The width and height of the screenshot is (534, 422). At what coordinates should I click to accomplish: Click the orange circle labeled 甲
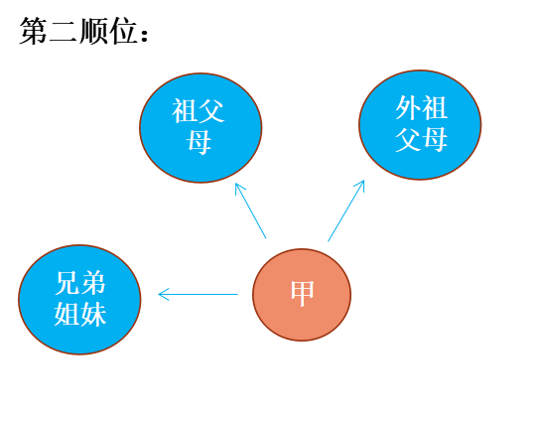tap(302, 295)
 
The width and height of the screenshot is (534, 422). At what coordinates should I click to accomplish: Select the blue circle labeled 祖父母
tap(200, 128)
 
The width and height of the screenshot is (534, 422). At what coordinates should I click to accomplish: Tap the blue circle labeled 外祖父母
tap(420, 125)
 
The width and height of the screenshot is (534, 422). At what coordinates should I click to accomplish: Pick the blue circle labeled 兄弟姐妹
tap(79, 300)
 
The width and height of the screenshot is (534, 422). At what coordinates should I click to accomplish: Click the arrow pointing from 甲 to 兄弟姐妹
tap(198, 294)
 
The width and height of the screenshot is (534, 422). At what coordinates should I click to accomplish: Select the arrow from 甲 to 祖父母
tap(250, 211)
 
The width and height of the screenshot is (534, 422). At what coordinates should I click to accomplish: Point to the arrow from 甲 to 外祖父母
tap(346, 211)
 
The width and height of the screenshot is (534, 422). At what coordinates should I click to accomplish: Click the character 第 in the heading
tap(34, 32)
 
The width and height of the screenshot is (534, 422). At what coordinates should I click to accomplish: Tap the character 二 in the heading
tap(64, 32)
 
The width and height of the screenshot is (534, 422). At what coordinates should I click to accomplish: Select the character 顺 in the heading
tap(93, 32)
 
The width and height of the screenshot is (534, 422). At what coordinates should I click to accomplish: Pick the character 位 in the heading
tap(123, 32)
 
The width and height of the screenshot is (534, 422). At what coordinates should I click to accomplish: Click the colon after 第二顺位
tap(145, 35)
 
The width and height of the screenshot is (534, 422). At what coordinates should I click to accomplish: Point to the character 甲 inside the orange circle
tap(302, 293)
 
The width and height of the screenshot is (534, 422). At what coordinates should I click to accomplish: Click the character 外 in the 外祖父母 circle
tap(408, 107)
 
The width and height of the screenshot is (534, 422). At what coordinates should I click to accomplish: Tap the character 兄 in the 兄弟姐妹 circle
tap(67, 283)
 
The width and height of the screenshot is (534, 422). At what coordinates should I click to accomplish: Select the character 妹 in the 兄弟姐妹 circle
tap(93, 314)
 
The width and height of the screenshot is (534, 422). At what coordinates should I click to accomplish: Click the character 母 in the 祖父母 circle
tap(199, 142)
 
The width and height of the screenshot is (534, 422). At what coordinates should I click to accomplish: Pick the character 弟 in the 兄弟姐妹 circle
tap(93, 283)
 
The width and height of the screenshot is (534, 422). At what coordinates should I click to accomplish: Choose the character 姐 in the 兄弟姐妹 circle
tap(67, 314)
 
